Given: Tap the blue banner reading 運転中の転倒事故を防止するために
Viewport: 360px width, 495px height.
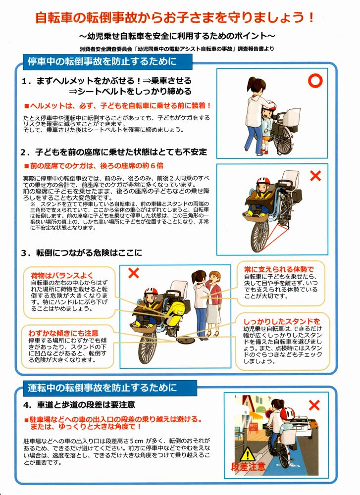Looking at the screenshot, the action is click(110, 388).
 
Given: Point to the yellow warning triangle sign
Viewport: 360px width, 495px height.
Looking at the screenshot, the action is click(248, 454).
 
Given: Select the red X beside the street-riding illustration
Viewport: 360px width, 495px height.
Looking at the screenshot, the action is click(314, 405).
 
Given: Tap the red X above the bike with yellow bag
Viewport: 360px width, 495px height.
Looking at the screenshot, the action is click(134, 273).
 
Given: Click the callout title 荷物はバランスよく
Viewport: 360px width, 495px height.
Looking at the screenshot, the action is click(62, 275).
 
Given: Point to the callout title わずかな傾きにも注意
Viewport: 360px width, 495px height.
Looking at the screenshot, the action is click(63, 333).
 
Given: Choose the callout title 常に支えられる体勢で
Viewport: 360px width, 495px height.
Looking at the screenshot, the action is click(279, 269).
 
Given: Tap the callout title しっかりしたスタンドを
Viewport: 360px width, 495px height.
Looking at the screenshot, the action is click(282, 322).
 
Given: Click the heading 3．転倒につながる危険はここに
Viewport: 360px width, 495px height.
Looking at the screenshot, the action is click(82, 252).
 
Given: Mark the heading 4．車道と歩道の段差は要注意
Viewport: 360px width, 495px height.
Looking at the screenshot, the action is click(79, 404).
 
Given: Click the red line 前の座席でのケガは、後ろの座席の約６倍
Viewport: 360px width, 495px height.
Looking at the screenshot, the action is click(94, 166).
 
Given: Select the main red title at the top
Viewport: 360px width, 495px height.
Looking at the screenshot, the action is click(175, 17).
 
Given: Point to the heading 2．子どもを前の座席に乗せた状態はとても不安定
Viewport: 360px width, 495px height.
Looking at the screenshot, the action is click(114, 152).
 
